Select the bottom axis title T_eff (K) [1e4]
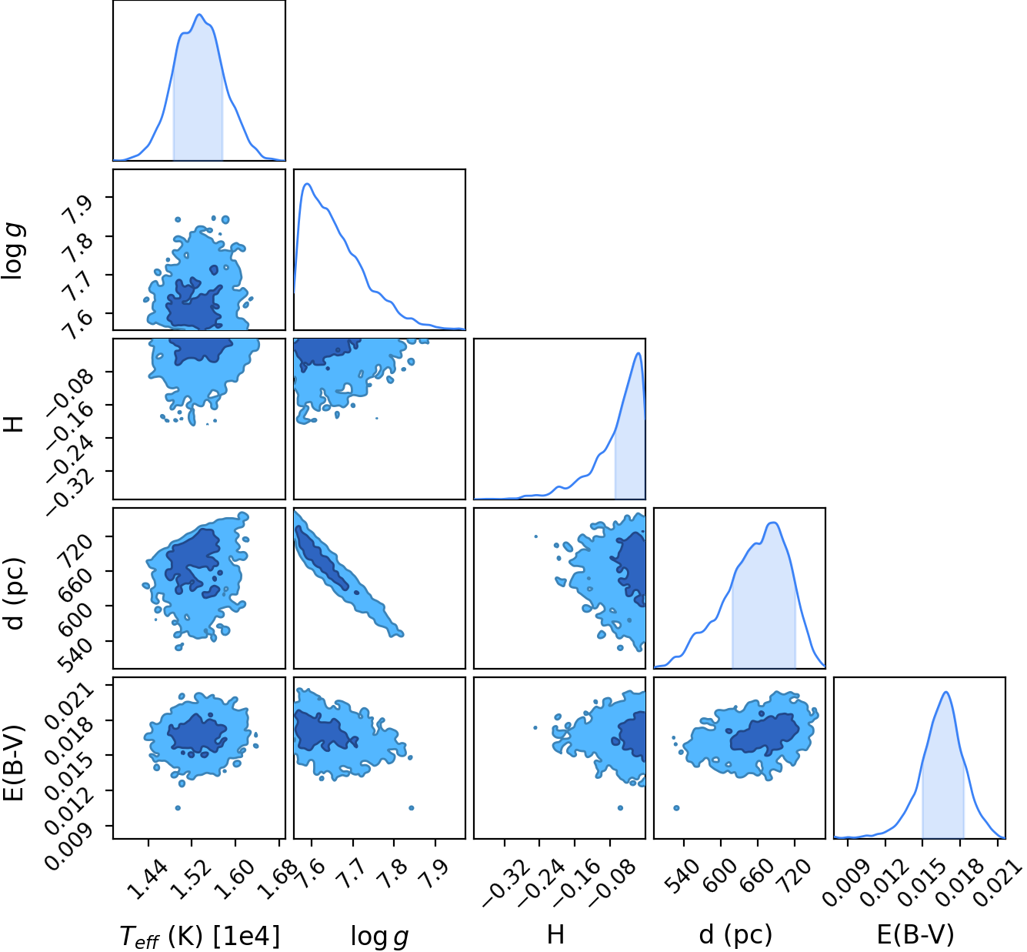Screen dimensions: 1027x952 199,936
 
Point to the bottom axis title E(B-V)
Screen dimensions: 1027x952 915,935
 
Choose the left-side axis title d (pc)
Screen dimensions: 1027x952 15,593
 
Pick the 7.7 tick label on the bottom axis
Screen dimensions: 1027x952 352,874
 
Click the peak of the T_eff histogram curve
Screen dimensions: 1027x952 199,15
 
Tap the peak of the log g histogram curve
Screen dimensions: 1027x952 307,184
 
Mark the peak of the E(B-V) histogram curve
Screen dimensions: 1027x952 945,692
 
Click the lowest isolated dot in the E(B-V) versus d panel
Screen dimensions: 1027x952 676,807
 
